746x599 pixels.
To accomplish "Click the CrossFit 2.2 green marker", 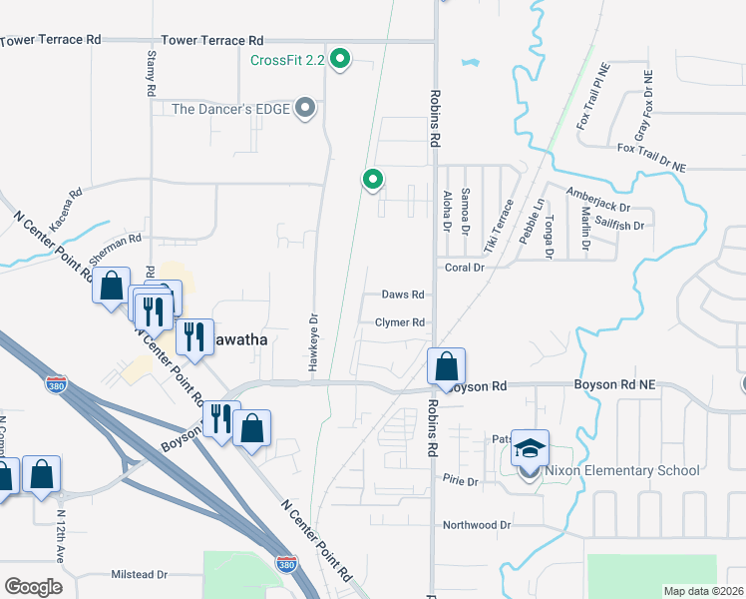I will tap(340, 60).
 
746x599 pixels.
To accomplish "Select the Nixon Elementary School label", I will tap(621, 470).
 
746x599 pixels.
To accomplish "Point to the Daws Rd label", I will tap(404, 295).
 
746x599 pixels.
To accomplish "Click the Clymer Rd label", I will tap(400, 322).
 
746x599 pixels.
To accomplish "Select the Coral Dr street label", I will tap(464, 268).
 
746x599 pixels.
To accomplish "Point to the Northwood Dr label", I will tap(477, 524).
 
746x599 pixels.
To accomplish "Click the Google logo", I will tap(34, 586).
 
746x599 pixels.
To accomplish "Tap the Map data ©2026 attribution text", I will tap(703, 591).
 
